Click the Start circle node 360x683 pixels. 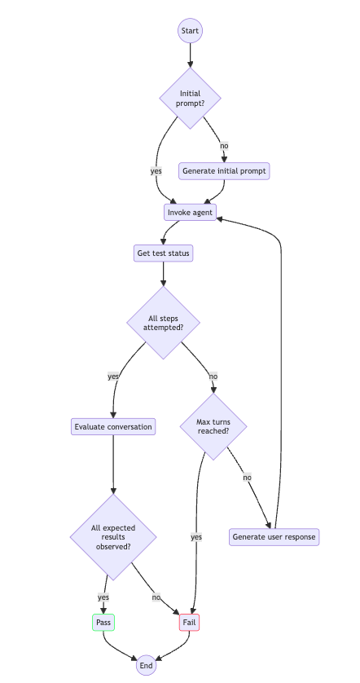(190, 31)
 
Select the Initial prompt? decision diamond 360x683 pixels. (190, 99)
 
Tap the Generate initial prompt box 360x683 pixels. (224, 171)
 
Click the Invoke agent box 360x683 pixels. (191, 213)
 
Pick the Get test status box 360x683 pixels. (163, 253)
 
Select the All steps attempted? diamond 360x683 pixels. (163, 322)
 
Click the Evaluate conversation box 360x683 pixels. (112, 426)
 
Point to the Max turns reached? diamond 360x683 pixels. (213, 426)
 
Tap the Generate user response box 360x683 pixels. (274, 537)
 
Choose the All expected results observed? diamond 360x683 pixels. (112, 537)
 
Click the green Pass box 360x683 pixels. (103, 623)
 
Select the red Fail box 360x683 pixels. (190, 623)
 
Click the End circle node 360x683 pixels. (146, 665)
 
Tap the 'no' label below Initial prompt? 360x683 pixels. (224, 146)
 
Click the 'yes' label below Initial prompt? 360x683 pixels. (156, 171)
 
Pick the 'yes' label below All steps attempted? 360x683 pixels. (112, 377)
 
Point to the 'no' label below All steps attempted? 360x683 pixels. (213, 377)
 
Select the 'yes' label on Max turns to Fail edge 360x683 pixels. (196, 537)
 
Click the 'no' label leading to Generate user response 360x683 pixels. (247, 478)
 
